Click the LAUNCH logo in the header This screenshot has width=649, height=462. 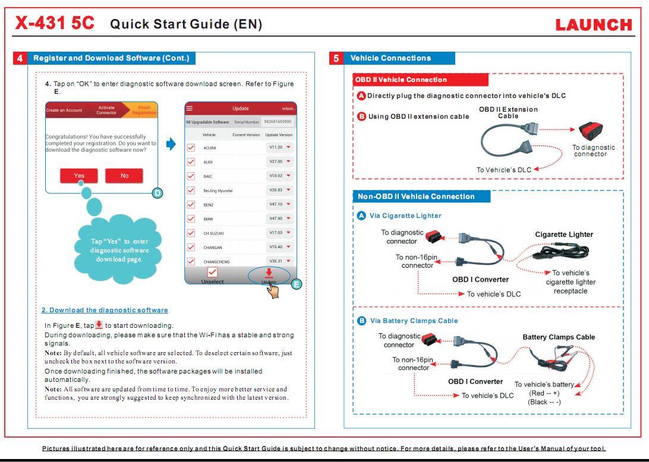[593, 24]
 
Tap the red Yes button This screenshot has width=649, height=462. [79, 176]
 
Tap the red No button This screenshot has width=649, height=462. [124, 176]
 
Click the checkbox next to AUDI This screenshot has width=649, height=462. [191, 162]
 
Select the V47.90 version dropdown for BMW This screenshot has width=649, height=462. [280, 219]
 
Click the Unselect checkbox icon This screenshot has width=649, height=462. [212, 273]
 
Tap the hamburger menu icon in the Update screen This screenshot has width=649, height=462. [190, 109]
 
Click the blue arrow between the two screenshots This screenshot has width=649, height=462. [171, 144]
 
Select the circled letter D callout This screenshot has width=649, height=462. [157, 192]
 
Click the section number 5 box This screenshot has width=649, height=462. [336, 58]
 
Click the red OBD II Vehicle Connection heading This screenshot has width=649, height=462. [420, 80]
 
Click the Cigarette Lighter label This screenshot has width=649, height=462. [564, 235]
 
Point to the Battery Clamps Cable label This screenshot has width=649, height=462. [559, 337]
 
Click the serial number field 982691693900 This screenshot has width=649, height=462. [278, 122]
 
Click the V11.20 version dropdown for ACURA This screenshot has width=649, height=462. [280, 147]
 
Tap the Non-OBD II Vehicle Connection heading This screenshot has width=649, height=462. [421, 197]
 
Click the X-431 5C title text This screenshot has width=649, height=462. [54, 23]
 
